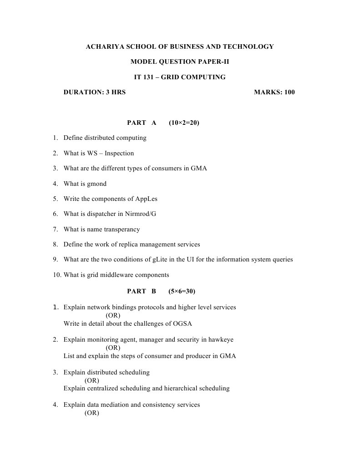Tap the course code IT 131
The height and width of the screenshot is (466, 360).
(144, 77)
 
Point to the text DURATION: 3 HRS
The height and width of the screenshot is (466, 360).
(95, 92)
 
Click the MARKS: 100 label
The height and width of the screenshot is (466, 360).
(274, 92)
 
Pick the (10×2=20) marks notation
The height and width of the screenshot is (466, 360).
(184, 123)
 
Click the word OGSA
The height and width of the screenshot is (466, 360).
(182, 324)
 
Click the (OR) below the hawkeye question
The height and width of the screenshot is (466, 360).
(113, 348)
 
